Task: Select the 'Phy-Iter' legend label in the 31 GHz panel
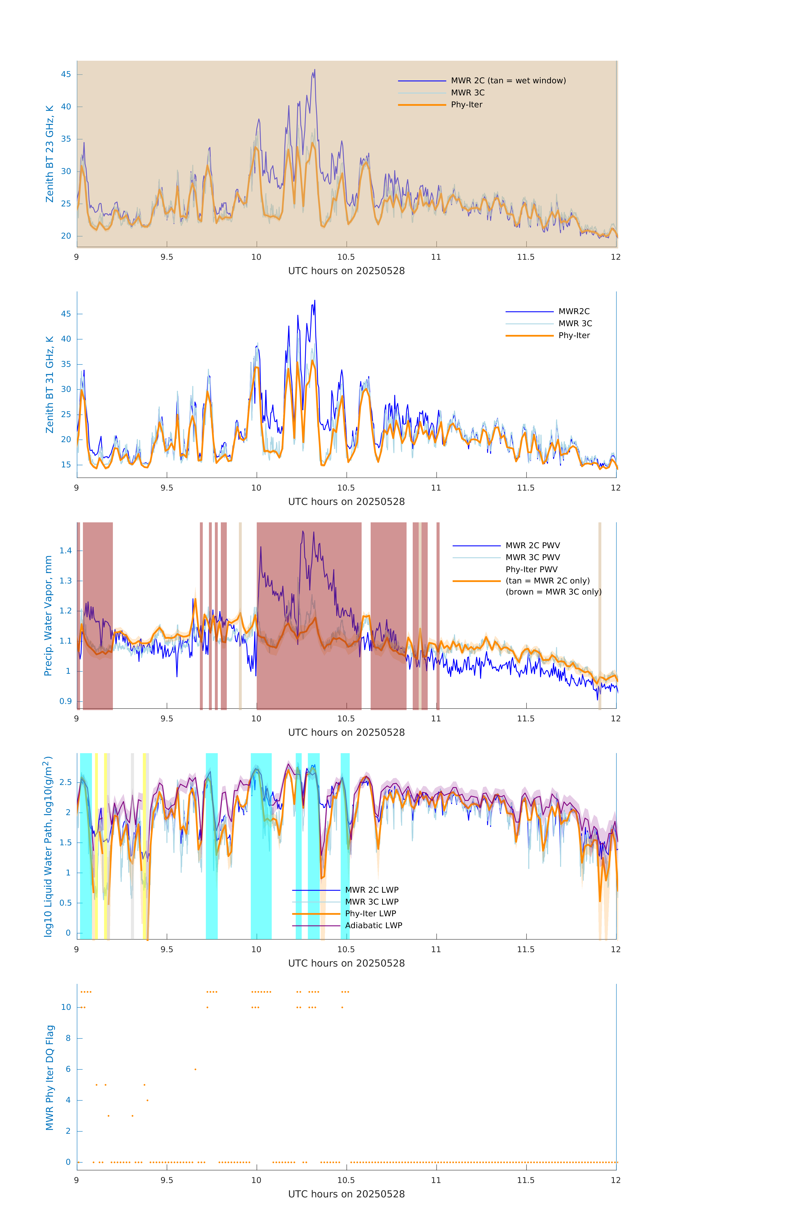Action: (574, 335)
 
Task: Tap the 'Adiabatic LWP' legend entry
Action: (373, 925)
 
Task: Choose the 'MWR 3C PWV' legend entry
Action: (532, 557)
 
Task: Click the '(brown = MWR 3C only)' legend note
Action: (553, 592)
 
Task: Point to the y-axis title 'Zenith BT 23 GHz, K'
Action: (50, 154)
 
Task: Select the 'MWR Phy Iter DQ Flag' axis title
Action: (50, 1078)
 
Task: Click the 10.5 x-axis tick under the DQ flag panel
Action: (346, 1180)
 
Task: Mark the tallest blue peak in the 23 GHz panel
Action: (314, 70)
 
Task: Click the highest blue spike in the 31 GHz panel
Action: (314, 301)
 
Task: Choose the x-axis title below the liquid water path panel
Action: (346, 963)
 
